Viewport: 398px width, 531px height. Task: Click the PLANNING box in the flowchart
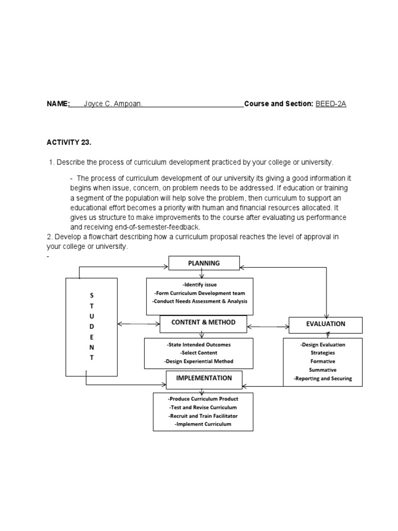[x=204, y=263]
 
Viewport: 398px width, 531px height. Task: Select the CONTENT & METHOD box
[x=203, y=323]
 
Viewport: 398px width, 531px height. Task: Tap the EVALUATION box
[x=325, y=324]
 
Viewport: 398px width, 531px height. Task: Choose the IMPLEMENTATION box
[x=204, y=378]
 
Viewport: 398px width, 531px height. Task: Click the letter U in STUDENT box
[x=92, y=316]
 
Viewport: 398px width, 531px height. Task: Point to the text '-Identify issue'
[x=200, y=285]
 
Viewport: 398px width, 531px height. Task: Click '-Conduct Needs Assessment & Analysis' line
[x=200, y=301]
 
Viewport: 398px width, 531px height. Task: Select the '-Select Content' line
[x=199, y=353]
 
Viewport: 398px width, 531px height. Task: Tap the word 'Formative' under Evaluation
[x=323, y=361]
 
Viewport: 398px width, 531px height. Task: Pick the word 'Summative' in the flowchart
[x=323, y=370]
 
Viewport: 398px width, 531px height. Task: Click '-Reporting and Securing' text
[x=323, y=379]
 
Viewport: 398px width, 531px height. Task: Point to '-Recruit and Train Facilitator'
[x=203, y=416]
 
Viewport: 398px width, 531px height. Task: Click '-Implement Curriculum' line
[x=203, y=424]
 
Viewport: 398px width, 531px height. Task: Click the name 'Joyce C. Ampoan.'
[x=113, y=104]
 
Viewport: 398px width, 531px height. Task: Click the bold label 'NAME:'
[x=58, y=104]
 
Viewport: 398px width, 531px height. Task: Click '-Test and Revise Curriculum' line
[x=203, y=408]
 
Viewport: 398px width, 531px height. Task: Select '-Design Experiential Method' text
[x=199, y=361]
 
